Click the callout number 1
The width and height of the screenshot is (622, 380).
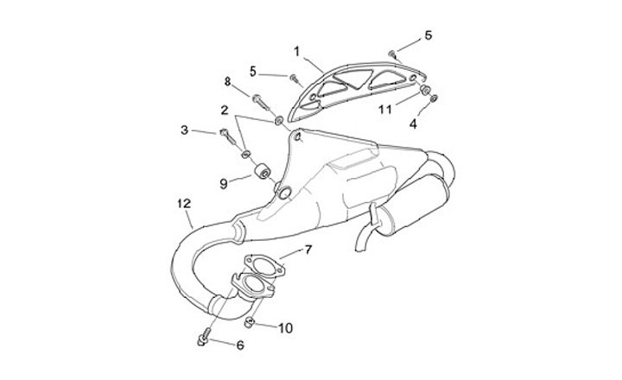tap(295, 52)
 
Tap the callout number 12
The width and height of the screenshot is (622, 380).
tap(183, 204)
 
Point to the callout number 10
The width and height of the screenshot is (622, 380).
tap(287, 328)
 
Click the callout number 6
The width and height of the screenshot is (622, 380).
tap(240, 345)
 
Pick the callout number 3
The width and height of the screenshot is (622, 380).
tap(184, 130)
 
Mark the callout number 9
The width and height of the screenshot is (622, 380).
tap(223, 183)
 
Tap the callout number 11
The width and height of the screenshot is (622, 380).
tap(386, 110)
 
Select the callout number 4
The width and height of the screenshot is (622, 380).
tap(413, 123)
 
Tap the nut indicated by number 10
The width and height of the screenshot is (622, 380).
tap(249, 324)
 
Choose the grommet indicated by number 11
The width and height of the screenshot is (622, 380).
tap(426, 90)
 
